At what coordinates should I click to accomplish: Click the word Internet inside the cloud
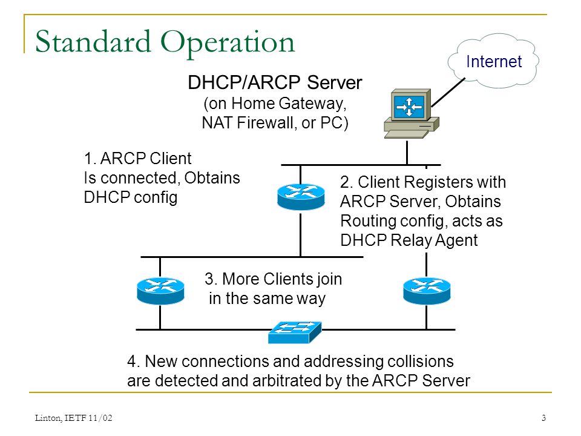click(x=494, y=62)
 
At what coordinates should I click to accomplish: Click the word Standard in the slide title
click(x=93, y=42)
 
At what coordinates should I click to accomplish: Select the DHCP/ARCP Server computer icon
click(x=412, y=113)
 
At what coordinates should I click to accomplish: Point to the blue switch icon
click(x=295, y=332)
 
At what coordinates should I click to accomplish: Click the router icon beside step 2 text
click(x=301, y=196)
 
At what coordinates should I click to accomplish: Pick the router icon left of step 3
click(x=160, y=291)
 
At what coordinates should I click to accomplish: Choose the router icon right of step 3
click(x=427, y=291)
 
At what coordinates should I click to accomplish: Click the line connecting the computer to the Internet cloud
click(x=448, y=92)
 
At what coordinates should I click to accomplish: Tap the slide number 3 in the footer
click(x=543, y=418)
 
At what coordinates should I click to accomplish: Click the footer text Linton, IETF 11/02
click(x=73, y=418)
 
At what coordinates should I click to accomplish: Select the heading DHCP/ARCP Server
click(x=275, y=82)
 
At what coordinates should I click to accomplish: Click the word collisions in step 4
click(x=421, y=362)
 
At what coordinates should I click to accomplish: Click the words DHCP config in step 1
click(x=131, y=198)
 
